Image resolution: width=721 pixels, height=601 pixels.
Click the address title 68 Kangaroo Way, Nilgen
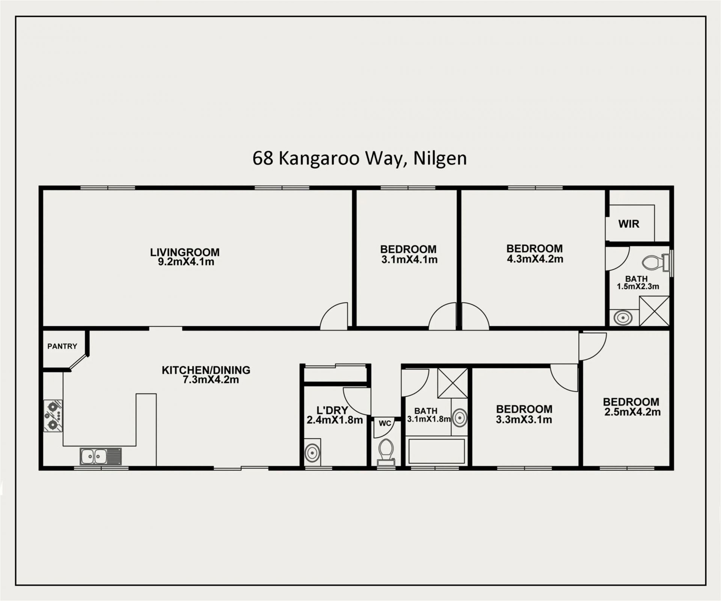(x=359, y=158)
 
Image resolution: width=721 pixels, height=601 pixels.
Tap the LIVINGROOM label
(x=185, y=252)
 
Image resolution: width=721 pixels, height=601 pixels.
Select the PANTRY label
(x=62, y=346)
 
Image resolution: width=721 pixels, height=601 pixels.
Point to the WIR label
(x=629, y=224)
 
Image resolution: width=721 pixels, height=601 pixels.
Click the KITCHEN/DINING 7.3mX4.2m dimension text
(x=211, y=380)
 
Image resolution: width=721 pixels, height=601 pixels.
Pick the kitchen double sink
(x=101, y=456)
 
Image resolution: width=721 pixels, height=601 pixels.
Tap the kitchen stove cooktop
(x=53, y=416)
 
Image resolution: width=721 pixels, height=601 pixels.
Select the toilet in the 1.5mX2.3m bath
(x=656, y=262)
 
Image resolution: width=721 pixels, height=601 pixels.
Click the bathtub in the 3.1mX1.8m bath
(x=436, y=450)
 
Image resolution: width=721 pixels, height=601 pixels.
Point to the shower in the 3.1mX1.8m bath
(x=453, y=383)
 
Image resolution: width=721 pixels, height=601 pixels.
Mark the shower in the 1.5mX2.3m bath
(x=654, y=311)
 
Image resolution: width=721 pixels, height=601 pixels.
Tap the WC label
(x=385, y=424)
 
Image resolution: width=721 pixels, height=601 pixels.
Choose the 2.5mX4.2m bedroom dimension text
(x=632, y=412)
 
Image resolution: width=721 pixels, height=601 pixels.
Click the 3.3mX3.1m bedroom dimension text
(x=524, y=420)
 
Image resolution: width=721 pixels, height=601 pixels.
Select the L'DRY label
(x=332, y=410)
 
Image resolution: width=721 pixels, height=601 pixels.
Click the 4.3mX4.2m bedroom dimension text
(x=535, y=259)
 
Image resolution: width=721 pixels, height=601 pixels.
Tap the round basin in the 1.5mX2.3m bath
(x=623, y=318)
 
